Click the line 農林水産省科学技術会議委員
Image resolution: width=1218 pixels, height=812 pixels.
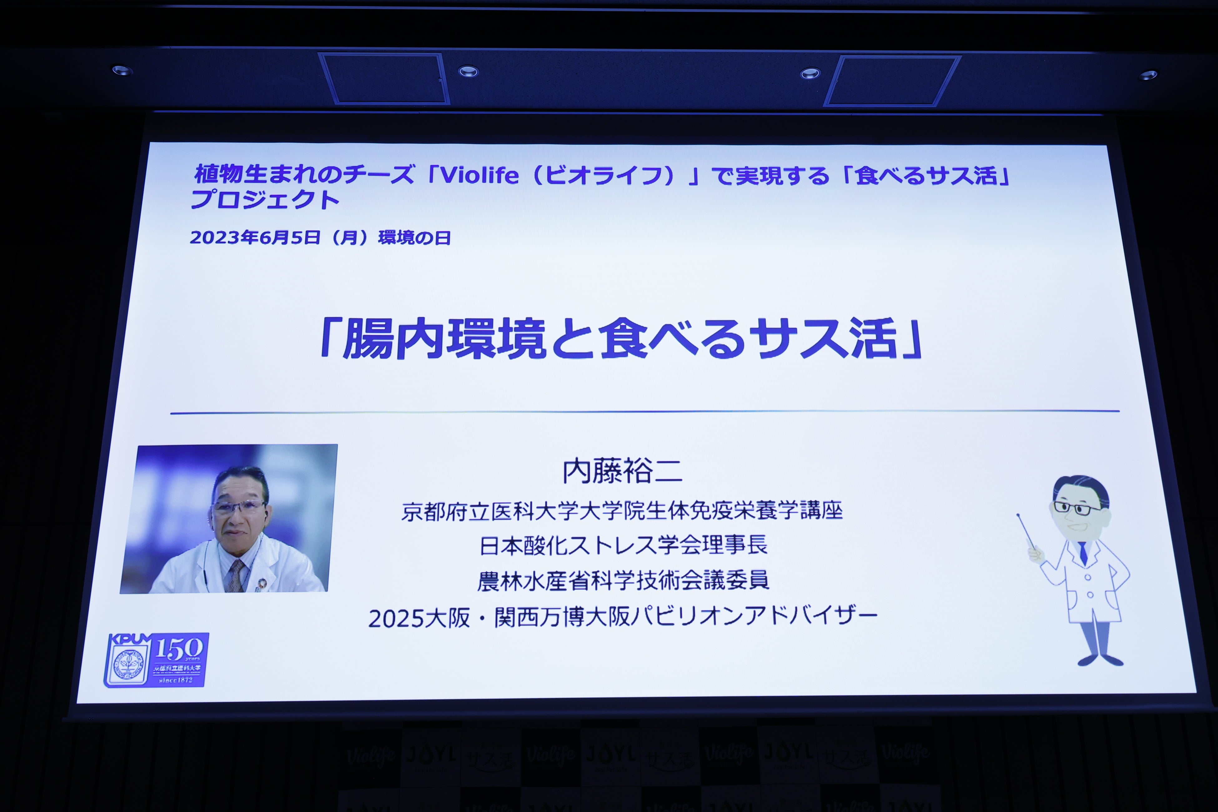pyautogui.click(x=623, y=581)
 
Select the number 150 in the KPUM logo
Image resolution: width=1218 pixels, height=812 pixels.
pyautogui.click(x=179, y=648)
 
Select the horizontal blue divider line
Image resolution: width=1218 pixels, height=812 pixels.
pyautogui.click(x=645, y=412)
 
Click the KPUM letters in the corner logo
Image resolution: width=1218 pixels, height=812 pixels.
pyautogui.click(x=128, y=640)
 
